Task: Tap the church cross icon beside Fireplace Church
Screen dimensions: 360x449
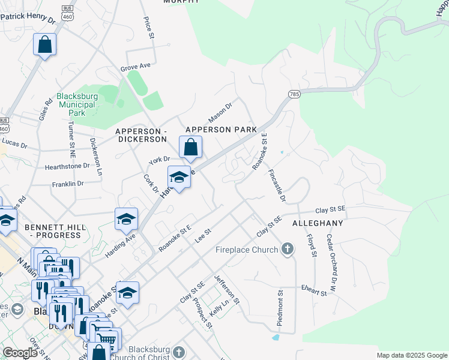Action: coord(287,249)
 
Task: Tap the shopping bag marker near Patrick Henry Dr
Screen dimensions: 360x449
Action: coord(44,44)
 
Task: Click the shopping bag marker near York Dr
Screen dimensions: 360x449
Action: coord(190,147)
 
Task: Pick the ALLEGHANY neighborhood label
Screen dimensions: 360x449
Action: coord(318,223)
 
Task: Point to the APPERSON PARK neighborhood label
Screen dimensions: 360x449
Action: coord(221,129)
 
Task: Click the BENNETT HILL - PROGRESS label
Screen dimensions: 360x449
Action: coord(53,231)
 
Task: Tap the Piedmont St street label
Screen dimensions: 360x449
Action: coord(280,308)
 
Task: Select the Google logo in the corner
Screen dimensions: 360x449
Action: coord(20,353)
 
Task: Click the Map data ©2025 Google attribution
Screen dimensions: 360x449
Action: coord(412,355)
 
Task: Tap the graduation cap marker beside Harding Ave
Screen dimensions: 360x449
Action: coord(126,220)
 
